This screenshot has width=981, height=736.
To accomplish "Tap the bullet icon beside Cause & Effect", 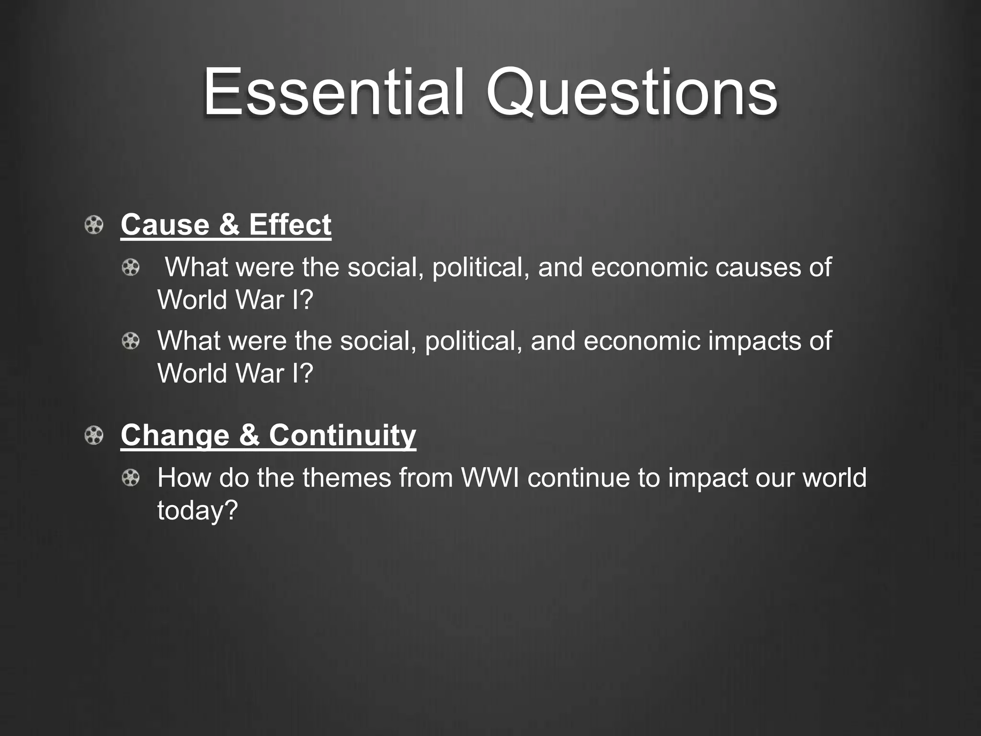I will coord(94,225).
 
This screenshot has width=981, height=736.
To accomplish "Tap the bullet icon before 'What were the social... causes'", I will coord(130,267).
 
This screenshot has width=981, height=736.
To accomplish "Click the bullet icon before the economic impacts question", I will coord(130,341).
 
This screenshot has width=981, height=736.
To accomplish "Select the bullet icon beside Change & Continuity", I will coord(94,436).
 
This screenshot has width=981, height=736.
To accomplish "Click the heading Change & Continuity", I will coord(268,435).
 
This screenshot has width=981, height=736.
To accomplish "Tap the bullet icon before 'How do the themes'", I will coord(130,478).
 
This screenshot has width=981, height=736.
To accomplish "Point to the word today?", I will coord(197,510).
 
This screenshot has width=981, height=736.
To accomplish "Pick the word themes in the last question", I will coord(347,478).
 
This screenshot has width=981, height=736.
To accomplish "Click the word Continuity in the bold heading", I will coord(342,435).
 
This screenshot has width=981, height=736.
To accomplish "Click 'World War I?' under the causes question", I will coord(235,300).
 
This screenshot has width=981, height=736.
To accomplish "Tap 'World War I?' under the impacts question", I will coord(235,373).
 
